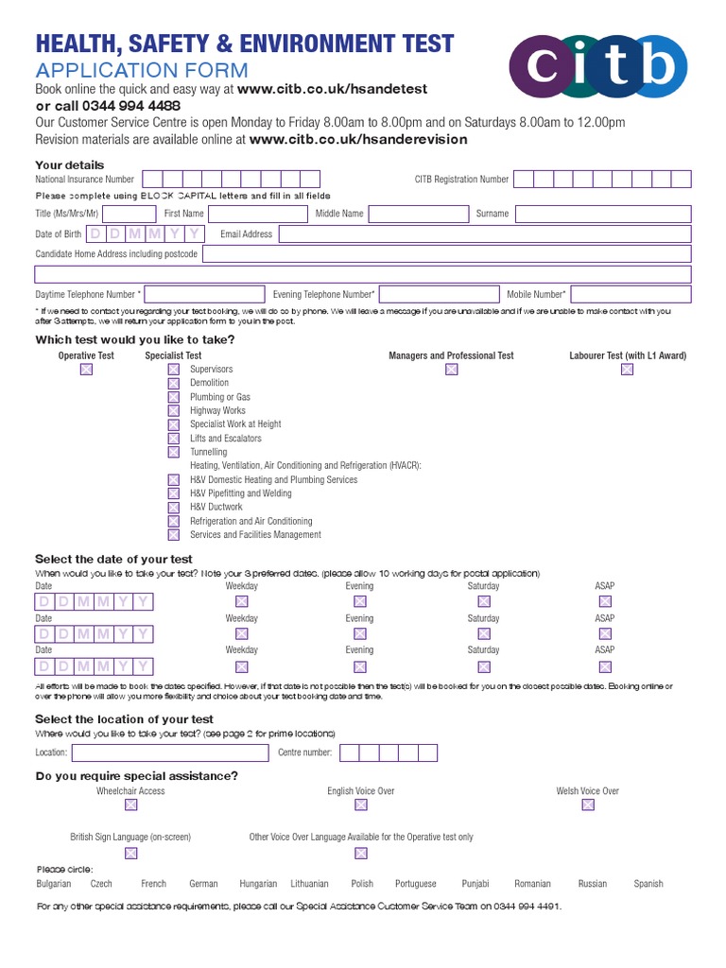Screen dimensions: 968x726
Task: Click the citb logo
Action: tap(597, 66)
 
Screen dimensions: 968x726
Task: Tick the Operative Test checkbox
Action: tap(86, 370)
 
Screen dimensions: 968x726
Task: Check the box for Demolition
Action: tap(173, 383)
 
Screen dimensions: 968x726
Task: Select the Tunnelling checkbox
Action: tap(173, 452)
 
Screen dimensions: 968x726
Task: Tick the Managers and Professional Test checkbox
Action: tap(451, 370)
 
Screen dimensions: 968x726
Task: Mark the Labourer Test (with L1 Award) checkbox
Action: tap(627, 370)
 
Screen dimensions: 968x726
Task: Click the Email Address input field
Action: tap(485, 234)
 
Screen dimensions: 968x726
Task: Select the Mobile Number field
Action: tap(631, 294)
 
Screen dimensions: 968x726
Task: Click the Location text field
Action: tap(169, 753)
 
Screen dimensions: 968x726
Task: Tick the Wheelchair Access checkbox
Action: tap(130, 805)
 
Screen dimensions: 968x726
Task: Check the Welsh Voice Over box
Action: tap(588, 805)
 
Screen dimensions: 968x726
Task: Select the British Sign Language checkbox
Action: tap(130, 853)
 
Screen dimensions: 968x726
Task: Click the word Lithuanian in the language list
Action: tap(309, 884)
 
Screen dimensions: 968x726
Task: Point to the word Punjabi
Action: tap(475, 884)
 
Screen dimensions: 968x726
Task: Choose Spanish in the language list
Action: tap(648, 884)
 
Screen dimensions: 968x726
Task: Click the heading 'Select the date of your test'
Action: tap(113, 560)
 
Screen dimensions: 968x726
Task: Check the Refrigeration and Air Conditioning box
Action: tap(173, 521)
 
